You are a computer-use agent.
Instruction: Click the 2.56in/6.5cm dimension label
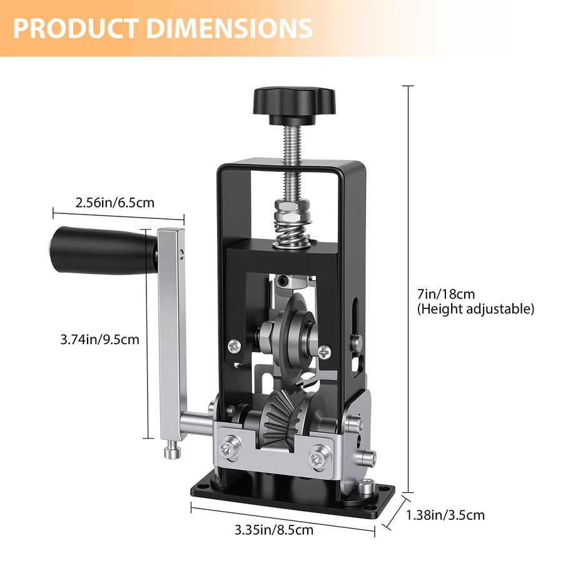[115, 203]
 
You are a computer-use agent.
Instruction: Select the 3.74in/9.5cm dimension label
[100, 339]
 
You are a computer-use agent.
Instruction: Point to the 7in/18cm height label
[446, 294]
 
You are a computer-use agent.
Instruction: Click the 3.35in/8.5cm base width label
[274, 530]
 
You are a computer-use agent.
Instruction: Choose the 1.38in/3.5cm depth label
[445, 515]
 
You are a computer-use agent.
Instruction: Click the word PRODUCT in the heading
[76, 28]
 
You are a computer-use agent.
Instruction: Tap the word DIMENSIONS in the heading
[230, 28]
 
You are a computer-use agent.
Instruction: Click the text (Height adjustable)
[476, 309]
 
